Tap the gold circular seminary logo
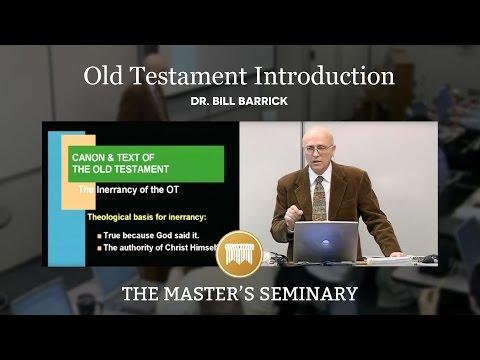240,253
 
